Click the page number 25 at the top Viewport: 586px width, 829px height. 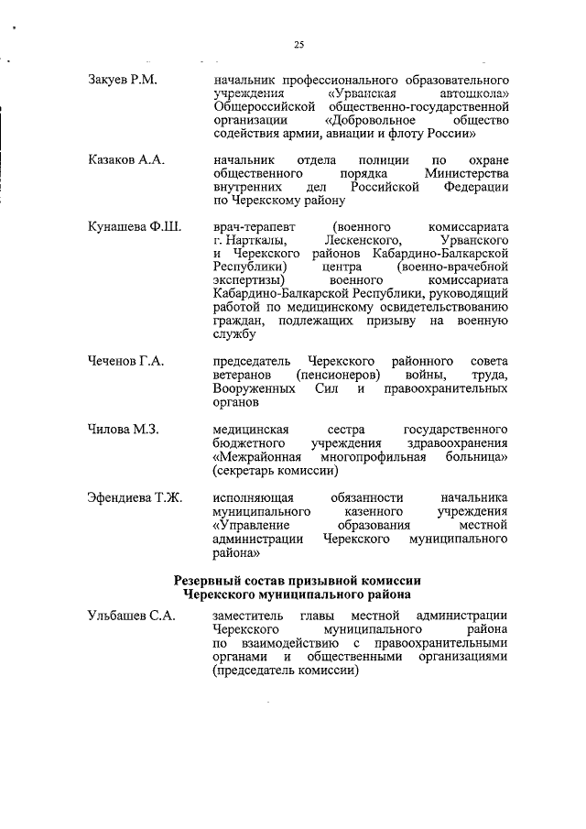(298, 44)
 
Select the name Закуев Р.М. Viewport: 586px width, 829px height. (123, 81)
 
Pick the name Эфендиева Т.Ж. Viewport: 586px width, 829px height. (135, 496)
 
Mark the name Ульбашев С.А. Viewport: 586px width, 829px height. (131, 616)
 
